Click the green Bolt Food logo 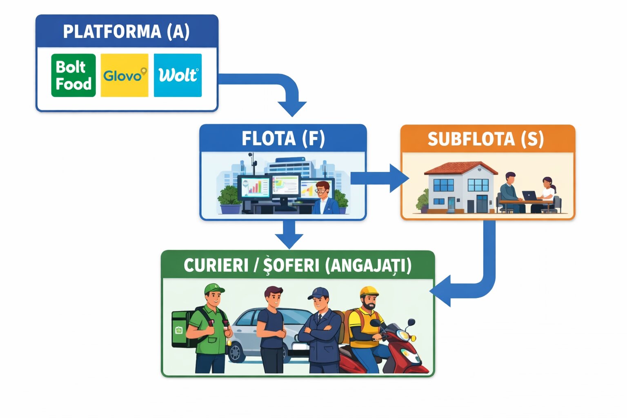73,76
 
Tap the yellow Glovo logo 125,76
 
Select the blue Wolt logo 178,76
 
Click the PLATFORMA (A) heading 127,32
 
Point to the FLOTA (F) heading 283,139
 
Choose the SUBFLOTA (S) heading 486,139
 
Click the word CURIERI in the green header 216,265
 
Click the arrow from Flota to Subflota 380,178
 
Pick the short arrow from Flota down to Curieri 289,235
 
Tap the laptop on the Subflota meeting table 530,196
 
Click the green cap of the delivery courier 214,289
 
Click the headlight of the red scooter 404,336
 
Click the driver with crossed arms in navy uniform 320,331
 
